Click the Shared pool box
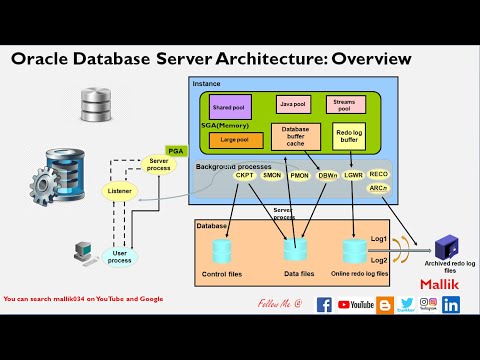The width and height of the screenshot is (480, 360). (229, 106)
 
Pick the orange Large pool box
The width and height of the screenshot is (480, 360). (235, 140)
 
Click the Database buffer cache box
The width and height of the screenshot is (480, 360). (296, 136)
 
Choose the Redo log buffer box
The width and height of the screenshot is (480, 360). (350, 136)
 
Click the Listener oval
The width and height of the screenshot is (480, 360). (119, 191)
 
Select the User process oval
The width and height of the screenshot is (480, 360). (119, 257)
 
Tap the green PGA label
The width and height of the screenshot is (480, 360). (177, 150)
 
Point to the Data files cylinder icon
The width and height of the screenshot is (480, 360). (296, 248)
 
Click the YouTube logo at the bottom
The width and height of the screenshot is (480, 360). (357, 304)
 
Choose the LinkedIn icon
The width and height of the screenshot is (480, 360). (451, 304)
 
